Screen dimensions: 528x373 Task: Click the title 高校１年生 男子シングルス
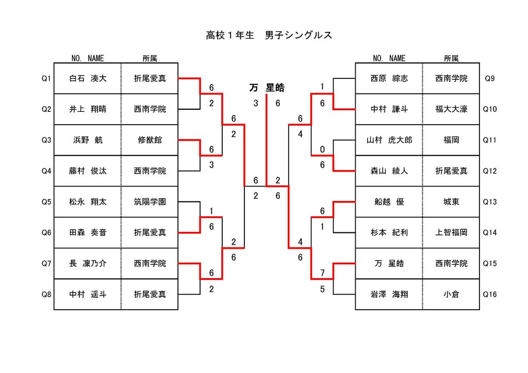click(x=269, y=35)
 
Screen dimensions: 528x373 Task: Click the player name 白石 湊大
click(x=88, y=78)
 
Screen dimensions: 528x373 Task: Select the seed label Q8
click(x=46, y=294)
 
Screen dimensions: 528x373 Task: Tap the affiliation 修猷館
click(x=150, y=140)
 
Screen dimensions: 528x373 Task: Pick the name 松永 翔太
click(x=88, y=202)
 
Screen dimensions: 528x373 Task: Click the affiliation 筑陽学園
click(x=150, y=202)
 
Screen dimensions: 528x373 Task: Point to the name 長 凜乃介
click(x=88, y=263)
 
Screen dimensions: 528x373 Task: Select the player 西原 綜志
click(x=389, y=78)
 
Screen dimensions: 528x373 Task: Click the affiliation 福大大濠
click(x=451, y=109)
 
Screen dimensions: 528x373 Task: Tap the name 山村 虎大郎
click(x=389, y=140)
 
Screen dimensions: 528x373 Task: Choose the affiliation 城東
click(x=451, y=202)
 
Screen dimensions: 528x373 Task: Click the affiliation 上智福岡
click(x=451, y=232)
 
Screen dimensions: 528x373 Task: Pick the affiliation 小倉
click(x=451, y=294)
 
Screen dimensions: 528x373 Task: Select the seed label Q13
click(x=490, y=202)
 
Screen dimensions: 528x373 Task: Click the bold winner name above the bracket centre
click(x=267, y=88)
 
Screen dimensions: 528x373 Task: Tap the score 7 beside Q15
click(x=322, y=273)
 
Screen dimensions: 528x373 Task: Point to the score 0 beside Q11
click(x=322, y=149)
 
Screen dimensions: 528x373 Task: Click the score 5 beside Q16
click(x=322, y=289)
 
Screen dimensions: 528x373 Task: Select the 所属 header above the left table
click(x=150, y=59)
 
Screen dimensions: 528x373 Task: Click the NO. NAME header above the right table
click(x=389, y=59)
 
